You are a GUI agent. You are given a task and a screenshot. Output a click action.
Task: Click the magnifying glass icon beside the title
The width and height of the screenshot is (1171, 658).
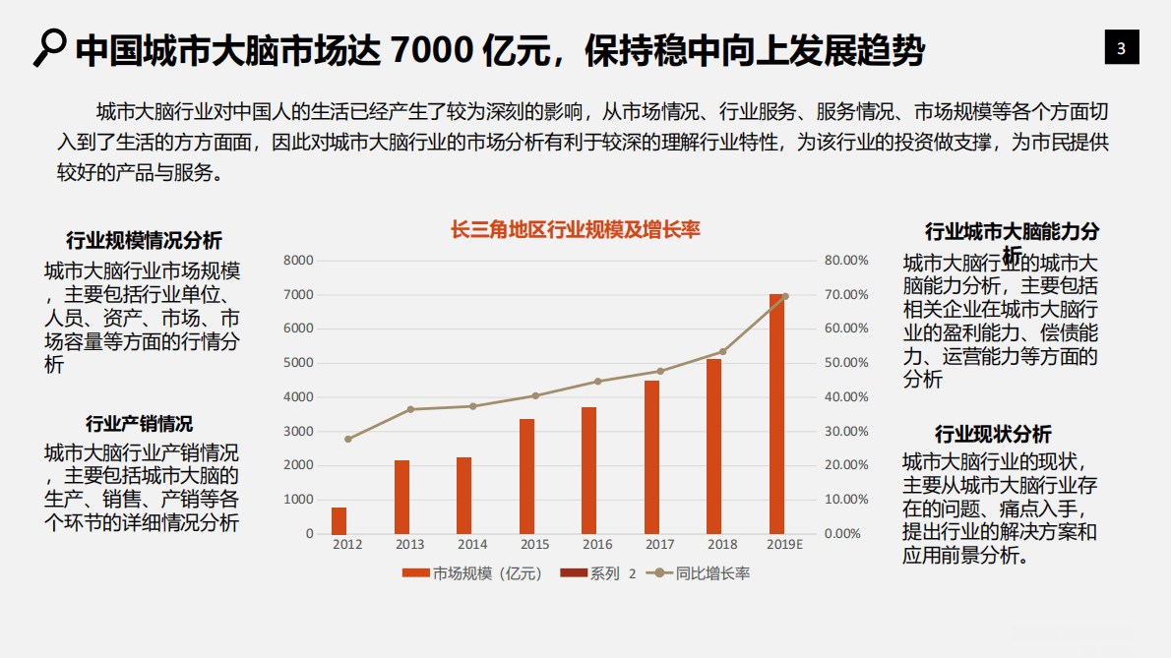pos(48,47)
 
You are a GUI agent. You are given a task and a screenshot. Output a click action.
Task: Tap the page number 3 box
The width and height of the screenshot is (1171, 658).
pos(1121,48)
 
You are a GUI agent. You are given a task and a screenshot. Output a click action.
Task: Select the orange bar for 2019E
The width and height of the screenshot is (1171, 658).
pos(777,413)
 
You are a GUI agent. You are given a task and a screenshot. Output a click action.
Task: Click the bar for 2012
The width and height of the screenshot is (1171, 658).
pos(339,520)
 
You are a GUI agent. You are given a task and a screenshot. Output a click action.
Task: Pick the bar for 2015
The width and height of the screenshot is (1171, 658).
pos(527,476)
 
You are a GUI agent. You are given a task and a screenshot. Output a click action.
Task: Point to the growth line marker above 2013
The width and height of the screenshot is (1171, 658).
pos(410,409)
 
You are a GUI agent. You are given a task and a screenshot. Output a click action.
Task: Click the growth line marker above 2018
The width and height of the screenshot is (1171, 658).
pos(722,351)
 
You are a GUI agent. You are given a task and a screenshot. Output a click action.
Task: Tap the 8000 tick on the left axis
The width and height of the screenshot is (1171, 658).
pos(297,261)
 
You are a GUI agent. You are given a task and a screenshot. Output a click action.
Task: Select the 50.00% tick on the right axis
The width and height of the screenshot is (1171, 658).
pos(845,363)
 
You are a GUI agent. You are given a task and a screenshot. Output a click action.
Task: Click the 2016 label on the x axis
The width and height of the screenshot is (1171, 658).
pos(597,544)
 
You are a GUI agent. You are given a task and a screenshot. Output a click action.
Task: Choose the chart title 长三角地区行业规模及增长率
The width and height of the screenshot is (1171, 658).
pos(575,230)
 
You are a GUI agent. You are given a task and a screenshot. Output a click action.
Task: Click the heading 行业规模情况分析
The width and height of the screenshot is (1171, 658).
pos(144,241)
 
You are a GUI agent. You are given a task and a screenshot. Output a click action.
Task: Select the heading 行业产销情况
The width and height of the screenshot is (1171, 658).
pos(139,424)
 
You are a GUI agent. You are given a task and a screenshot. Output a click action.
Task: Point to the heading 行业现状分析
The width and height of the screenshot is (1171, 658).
pos(993,435)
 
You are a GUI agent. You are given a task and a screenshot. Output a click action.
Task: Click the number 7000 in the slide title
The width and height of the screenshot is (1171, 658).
pos(434,49)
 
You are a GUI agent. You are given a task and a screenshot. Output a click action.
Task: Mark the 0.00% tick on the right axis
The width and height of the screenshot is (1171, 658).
pos(847,534)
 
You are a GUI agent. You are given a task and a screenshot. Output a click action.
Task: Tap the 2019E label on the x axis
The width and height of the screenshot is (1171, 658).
pos(784,544)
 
